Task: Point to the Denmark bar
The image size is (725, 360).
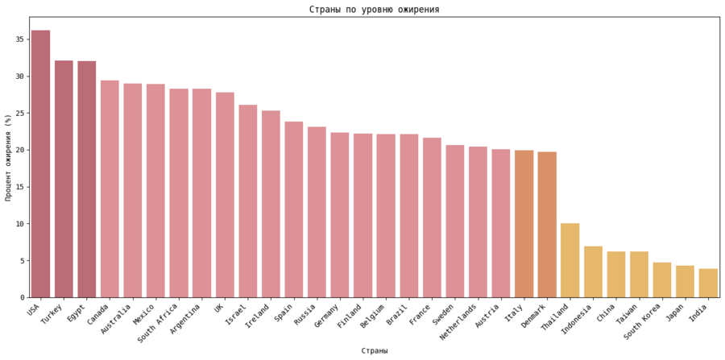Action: [547, 225]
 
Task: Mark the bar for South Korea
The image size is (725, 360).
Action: [662, 279]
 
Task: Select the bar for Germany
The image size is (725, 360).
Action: [340, 215]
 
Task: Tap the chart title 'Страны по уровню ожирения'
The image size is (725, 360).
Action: [374, 10]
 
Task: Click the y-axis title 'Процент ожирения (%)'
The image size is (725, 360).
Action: [9, 157]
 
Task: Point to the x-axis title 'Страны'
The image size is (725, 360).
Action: [374, 350]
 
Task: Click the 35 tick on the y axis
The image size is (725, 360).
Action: [19, 39]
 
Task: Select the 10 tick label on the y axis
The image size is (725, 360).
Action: [19, 224]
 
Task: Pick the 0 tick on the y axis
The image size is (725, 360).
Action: [22, 297]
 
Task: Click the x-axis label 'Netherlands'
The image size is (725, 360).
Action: [459, 322]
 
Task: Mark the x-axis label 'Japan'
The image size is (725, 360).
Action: [679, 314]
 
